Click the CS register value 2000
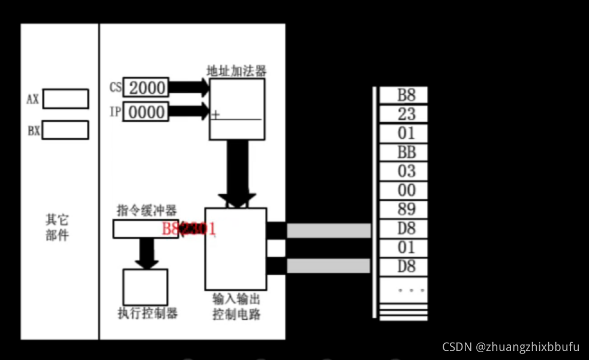[146, 88]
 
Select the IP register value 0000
[146, 112]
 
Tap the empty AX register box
[65, 99]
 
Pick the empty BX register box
[65, 130]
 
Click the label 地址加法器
[236, 71]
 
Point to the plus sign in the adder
[215, 115]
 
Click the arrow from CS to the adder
[188, 88]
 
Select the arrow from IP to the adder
[188, 112]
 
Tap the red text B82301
[188, 229]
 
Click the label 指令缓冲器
[146, 211]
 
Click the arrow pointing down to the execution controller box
[146, 253]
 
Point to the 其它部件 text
[58, 227]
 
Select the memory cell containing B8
[406, 95]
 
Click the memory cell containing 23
[406, 114]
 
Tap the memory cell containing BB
[406, 152]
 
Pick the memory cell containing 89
[406, 209]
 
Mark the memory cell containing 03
[406, 171]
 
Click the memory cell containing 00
[406, 190]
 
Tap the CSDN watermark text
[510, 347]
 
